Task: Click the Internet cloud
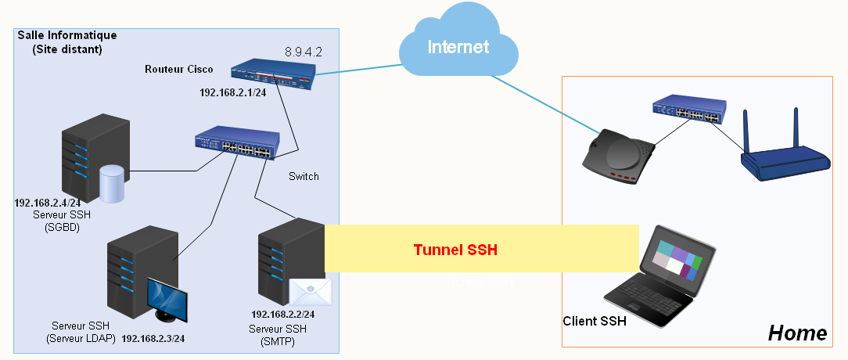click(x=458, y=47)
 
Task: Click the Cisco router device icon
click(x=274, y=74)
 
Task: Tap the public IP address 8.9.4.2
click(x=304, y=52)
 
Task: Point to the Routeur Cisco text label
click(x=178, y=69)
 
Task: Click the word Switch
click(x=304, y=176)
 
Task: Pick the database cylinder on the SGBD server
click(x=112, y=184)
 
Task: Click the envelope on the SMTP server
click(x=311, y=292)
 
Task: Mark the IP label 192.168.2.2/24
click(x=282, y=314)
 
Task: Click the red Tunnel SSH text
click(x=455, y=250)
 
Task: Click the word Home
click(x=797, y=333)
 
